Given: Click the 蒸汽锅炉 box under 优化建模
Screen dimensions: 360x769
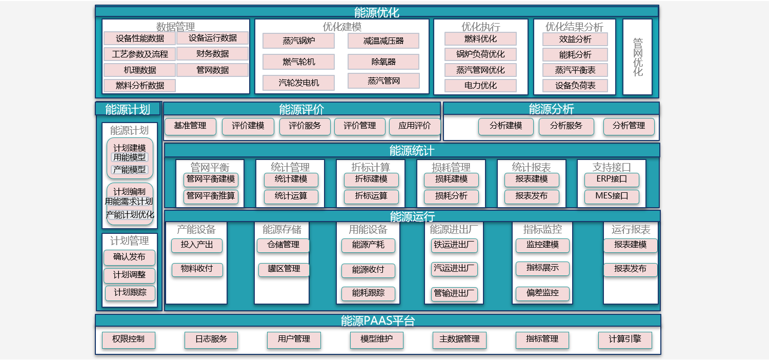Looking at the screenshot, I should pyautogui.click(x=298, y=41).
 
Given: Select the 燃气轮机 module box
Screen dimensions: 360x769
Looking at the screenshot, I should pyautogui.click(x=298, y=62).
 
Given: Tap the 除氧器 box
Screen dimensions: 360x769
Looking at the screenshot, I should pyautogui.click(x=383, y=62).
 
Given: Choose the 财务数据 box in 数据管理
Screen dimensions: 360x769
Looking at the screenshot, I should pyautogui.click(x=212, y=54).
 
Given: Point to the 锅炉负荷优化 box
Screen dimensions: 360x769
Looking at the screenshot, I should pyautogui.click(x=480, y=54).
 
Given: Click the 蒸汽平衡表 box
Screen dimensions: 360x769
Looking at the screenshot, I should pyautogui.click(x=575, y=70).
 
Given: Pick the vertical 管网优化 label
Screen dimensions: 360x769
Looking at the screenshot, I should pyautogui.click(x=637, y=57).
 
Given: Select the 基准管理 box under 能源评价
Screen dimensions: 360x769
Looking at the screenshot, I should pyautogui.click(x=190, y=126).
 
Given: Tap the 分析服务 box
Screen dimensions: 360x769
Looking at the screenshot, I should pyautogui.click(x=566, y=126).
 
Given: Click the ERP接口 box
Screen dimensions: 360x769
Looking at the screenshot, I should pyautogui.click(x=611, y=179).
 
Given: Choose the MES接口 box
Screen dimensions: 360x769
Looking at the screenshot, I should pyautogui.click(x=611, y=196).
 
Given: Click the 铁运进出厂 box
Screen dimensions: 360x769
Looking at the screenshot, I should pyautogui.click(x=454, y=245).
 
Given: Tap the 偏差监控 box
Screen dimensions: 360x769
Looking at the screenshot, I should pyautogui.click(x=542, y=293).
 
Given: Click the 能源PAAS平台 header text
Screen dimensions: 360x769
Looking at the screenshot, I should pyautogui.click(x=377, y=321).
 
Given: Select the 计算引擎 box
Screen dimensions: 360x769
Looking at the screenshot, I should pyautogui.click(x=625, y=339).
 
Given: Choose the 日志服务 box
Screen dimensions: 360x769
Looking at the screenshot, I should pyautogui.click(x=211, y=339).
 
